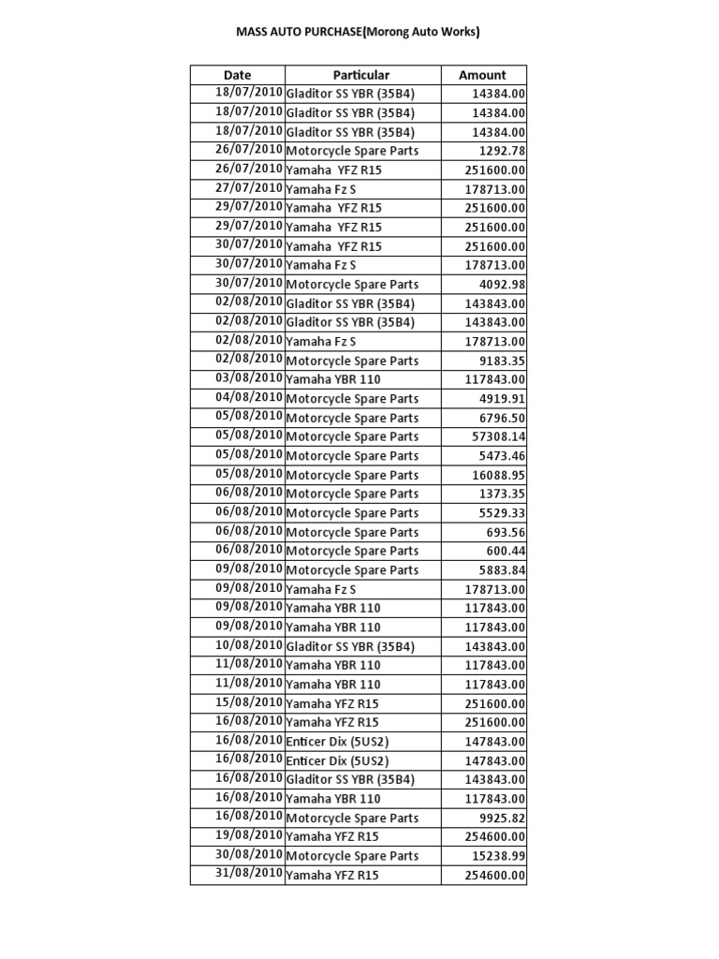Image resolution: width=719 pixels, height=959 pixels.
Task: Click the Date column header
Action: coord(238,75)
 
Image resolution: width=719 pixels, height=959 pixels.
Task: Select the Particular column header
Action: coord(361,75)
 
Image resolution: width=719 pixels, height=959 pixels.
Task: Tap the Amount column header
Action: coord(482,75)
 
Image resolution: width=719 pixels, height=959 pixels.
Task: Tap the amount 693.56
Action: coord(508,532)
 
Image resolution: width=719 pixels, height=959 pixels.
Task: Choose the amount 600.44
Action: coord(508,551)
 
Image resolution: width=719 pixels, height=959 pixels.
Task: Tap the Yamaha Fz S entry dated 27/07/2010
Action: coord(321,188)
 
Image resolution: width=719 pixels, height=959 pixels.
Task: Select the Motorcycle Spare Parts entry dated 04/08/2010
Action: coord(352,398)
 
